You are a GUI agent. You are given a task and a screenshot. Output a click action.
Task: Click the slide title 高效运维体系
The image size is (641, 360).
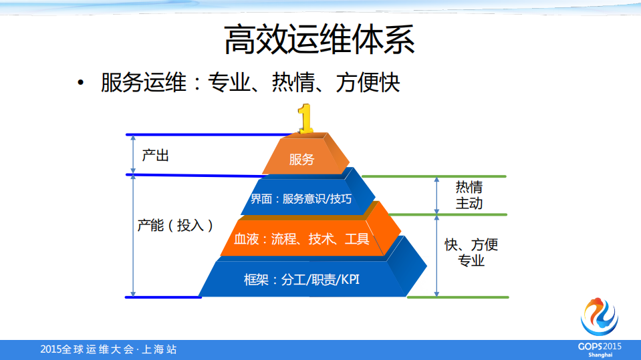[319, 39]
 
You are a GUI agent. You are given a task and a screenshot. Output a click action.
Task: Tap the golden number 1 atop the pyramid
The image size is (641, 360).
[305, 119]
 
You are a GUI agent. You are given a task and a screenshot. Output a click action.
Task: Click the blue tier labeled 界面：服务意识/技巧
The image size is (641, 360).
[300, 198]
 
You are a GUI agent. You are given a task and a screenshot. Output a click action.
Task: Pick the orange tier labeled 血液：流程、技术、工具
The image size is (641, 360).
[301, 238]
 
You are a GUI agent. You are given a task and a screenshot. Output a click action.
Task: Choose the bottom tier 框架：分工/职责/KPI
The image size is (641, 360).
[301, 279]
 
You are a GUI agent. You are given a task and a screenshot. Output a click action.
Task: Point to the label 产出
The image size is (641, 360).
[156, 156]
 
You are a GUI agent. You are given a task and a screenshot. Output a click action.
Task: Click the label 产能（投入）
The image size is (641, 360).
[175, 225]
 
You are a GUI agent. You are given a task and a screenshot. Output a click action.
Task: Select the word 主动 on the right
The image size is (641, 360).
[469, 203]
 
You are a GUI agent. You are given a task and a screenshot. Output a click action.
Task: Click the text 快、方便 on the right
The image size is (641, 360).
[472, 244]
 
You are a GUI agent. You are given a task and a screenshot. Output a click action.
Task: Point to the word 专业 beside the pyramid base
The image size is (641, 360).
[472, 261]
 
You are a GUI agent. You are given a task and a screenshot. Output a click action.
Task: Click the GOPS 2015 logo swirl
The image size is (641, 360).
[600, 318]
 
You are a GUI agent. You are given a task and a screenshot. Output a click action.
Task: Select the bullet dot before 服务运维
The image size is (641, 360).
[81, 83]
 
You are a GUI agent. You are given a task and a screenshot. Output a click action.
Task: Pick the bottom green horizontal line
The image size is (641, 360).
[458, 297]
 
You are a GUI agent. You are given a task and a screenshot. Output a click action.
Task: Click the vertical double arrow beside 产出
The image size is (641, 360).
[133, 154]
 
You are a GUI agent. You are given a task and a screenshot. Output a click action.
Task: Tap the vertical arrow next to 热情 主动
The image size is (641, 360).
[437, 195]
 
